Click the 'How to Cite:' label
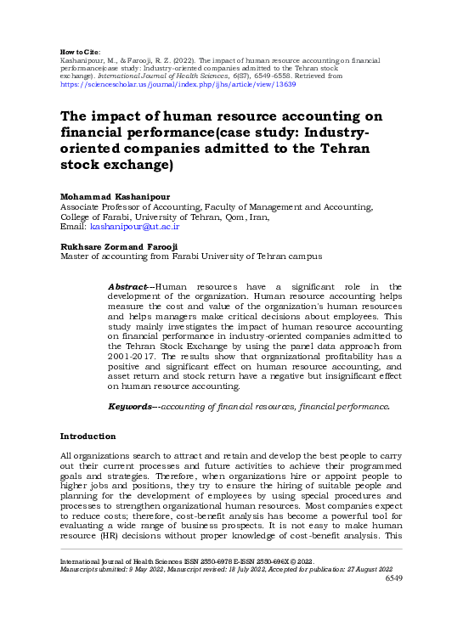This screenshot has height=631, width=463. pos(81,53)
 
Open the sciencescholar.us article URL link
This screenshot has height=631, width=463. pos(178,85)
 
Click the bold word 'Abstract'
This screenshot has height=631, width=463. pos(129,287)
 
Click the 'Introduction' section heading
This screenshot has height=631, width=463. pos(88,436)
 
